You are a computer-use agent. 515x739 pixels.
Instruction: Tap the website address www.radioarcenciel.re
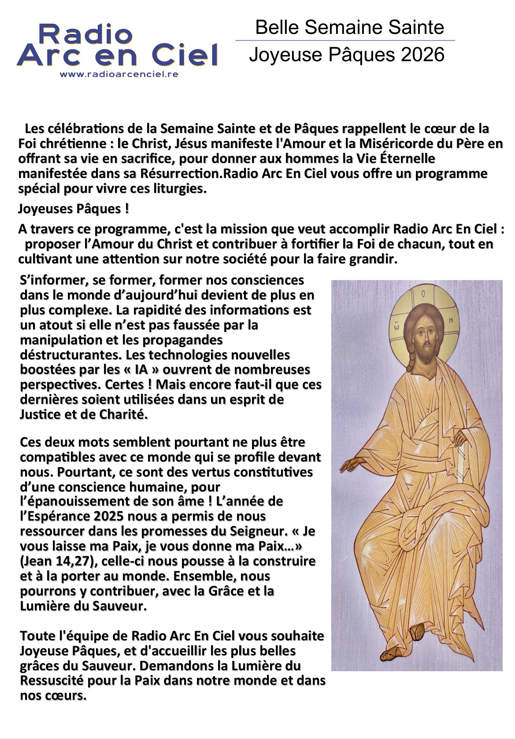[x=119, y=74]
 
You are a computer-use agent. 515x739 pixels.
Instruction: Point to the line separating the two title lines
[x=345, y=41]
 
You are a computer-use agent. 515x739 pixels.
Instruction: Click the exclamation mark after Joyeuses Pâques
[x=127, y=208]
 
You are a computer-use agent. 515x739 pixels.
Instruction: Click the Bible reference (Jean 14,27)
[x=52, y=561]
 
